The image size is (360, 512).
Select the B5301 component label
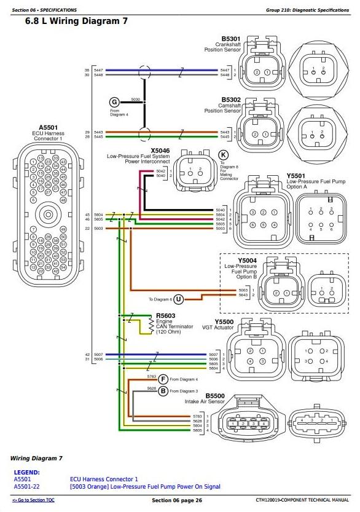pyautogui.click(x=231, y=38)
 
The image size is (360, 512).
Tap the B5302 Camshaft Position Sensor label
pyautogui.click(x=231, y=98)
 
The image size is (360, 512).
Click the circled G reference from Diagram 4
pyautogui.click(x=114, y=102)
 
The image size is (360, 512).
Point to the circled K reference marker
pyautogui.click(x=223, y=154)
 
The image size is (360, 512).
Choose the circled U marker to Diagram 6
pyautogui.click(x=178, y=299)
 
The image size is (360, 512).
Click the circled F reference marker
pyautogui.click(x=163, y=379)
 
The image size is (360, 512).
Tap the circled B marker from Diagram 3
pyautogui.click(x=163, y=390)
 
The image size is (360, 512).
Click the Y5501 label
pyautogui.click(x=295, y=175)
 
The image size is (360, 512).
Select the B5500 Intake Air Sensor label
pyautogui.click(x=215, y=396)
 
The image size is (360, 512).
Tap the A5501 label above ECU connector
pyautogui.click(x=47, y=127)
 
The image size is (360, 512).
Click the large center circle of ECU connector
pyautogui.click(x=47, y=215)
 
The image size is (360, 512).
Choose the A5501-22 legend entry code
pyautogui.click(x=28, y=487)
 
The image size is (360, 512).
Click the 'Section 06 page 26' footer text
pyautogui.click(x=177, y=500)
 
